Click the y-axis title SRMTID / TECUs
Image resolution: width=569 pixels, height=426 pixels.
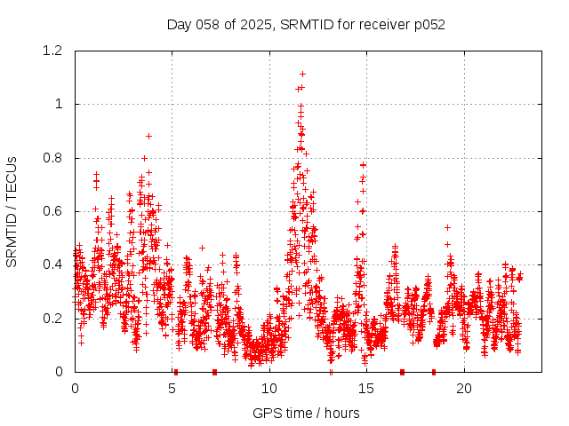pos(12,211)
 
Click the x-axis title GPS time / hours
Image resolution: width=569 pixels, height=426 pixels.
pos(306,413)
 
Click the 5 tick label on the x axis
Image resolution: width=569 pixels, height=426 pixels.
pos(172,389)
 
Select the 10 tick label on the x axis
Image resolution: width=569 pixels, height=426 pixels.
pos(269,389)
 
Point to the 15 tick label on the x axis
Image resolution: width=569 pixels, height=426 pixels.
pos(366,389)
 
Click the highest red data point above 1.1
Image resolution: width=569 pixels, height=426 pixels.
pos(302,74)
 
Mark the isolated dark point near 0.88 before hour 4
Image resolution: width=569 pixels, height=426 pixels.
pos(148,136)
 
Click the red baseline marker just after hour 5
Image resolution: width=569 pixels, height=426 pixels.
pos(176,372)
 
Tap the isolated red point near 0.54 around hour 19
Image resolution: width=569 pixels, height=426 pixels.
pos(447,227)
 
